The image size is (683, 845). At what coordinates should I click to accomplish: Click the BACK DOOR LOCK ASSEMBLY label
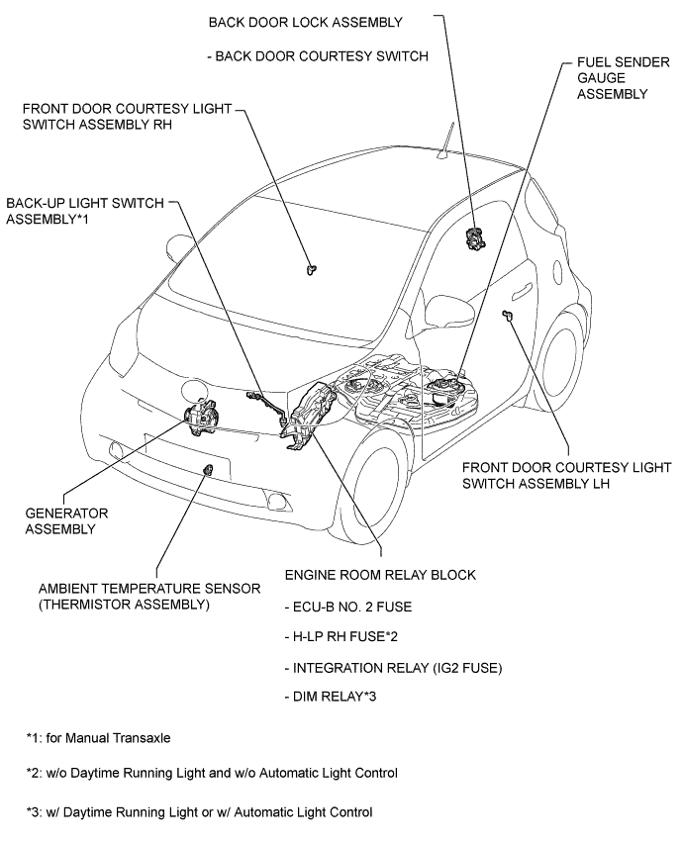point(306,21)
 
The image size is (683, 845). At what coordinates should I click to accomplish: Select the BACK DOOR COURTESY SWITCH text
point(318,56)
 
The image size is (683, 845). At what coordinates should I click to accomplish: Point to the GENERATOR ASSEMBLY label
point(66,521)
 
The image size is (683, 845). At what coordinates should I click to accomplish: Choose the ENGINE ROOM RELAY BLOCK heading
point(379,574)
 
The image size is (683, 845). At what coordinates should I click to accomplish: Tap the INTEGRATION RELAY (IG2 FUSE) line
point(393,668)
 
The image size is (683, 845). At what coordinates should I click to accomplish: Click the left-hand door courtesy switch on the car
point(508,316)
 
